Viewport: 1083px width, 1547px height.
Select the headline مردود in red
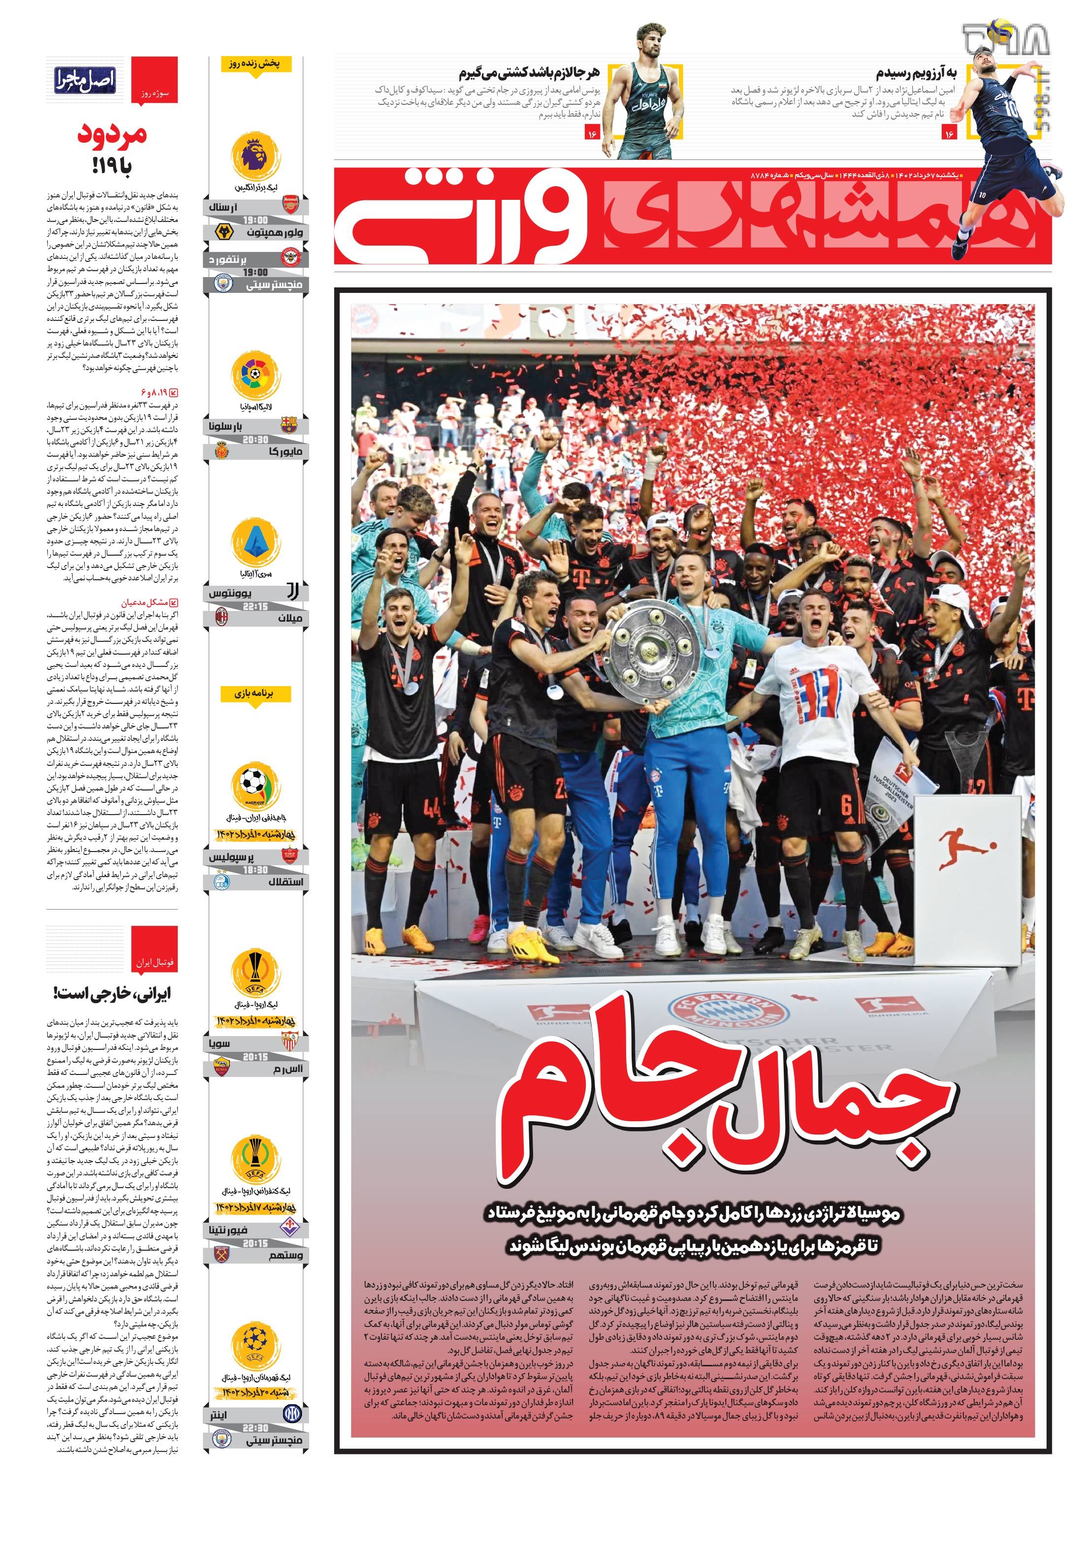pyautogui.click(x=111, y=134)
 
